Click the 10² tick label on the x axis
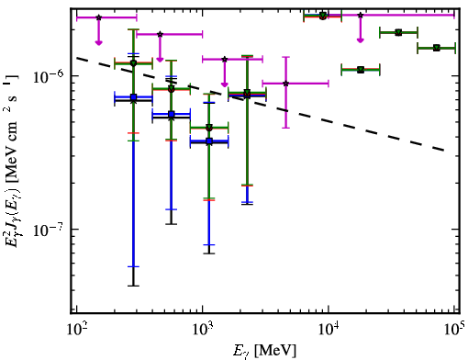(x=78, y=330)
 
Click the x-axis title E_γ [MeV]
(x=264, y=351)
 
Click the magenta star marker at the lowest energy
(x=98, y=17)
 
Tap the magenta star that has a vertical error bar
(x=286, y=84)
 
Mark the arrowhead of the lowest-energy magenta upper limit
(x=98, y=42)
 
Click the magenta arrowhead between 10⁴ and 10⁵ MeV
(x=361, y=40)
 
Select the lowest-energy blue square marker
(x=133, y=97)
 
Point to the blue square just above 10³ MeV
(x=209, y=141)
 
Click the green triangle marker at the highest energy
(x=437, y=48)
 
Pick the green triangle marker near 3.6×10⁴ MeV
(x=398, y=32)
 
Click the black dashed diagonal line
(x=260, y=105)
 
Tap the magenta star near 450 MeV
(x=160, y=34)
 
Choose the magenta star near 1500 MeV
(x=225, y=59)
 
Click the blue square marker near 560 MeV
(x=172, y=115)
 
